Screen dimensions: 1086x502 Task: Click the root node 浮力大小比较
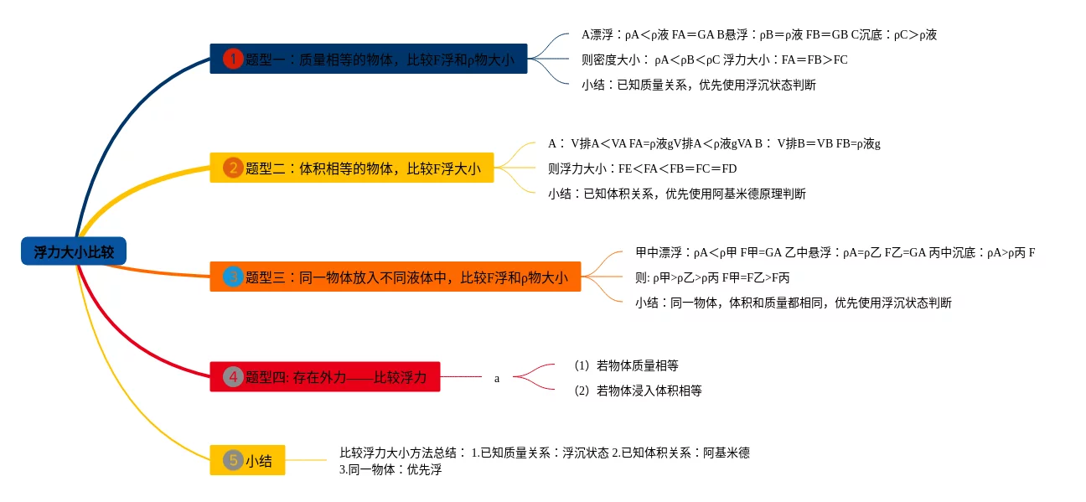(74, 251)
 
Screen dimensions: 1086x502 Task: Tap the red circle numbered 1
(233, 59)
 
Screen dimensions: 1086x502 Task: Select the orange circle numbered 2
(233, 168)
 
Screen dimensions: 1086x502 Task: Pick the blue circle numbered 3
(233, 277)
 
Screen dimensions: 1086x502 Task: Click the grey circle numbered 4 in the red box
(233, 377)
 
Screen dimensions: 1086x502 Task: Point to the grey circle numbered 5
(233, 460)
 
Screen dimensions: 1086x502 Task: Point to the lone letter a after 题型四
(497, 378)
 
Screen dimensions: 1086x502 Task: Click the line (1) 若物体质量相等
(626, 365)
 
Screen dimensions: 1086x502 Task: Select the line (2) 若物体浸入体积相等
(638, 391)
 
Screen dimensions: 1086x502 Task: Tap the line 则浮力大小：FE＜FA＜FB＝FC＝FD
(642, 168)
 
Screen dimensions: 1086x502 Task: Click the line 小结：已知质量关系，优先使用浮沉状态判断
(698, 85)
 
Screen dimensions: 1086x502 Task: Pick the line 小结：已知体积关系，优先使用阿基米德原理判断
(676, 194)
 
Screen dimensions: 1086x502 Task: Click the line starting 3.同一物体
(390, 470)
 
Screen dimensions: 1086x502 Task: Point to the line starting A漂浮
(758, 34)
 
